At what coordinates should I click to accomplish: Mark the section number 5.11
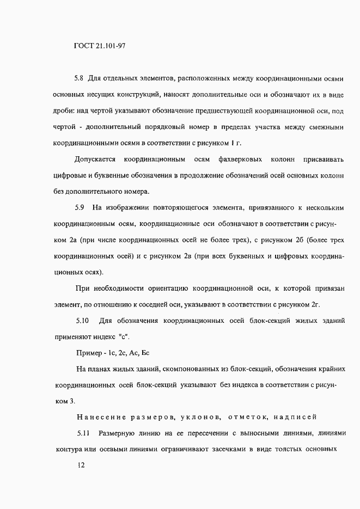point(83,434)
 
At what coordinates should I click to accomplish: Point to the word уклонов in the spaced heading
point(197,418)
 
